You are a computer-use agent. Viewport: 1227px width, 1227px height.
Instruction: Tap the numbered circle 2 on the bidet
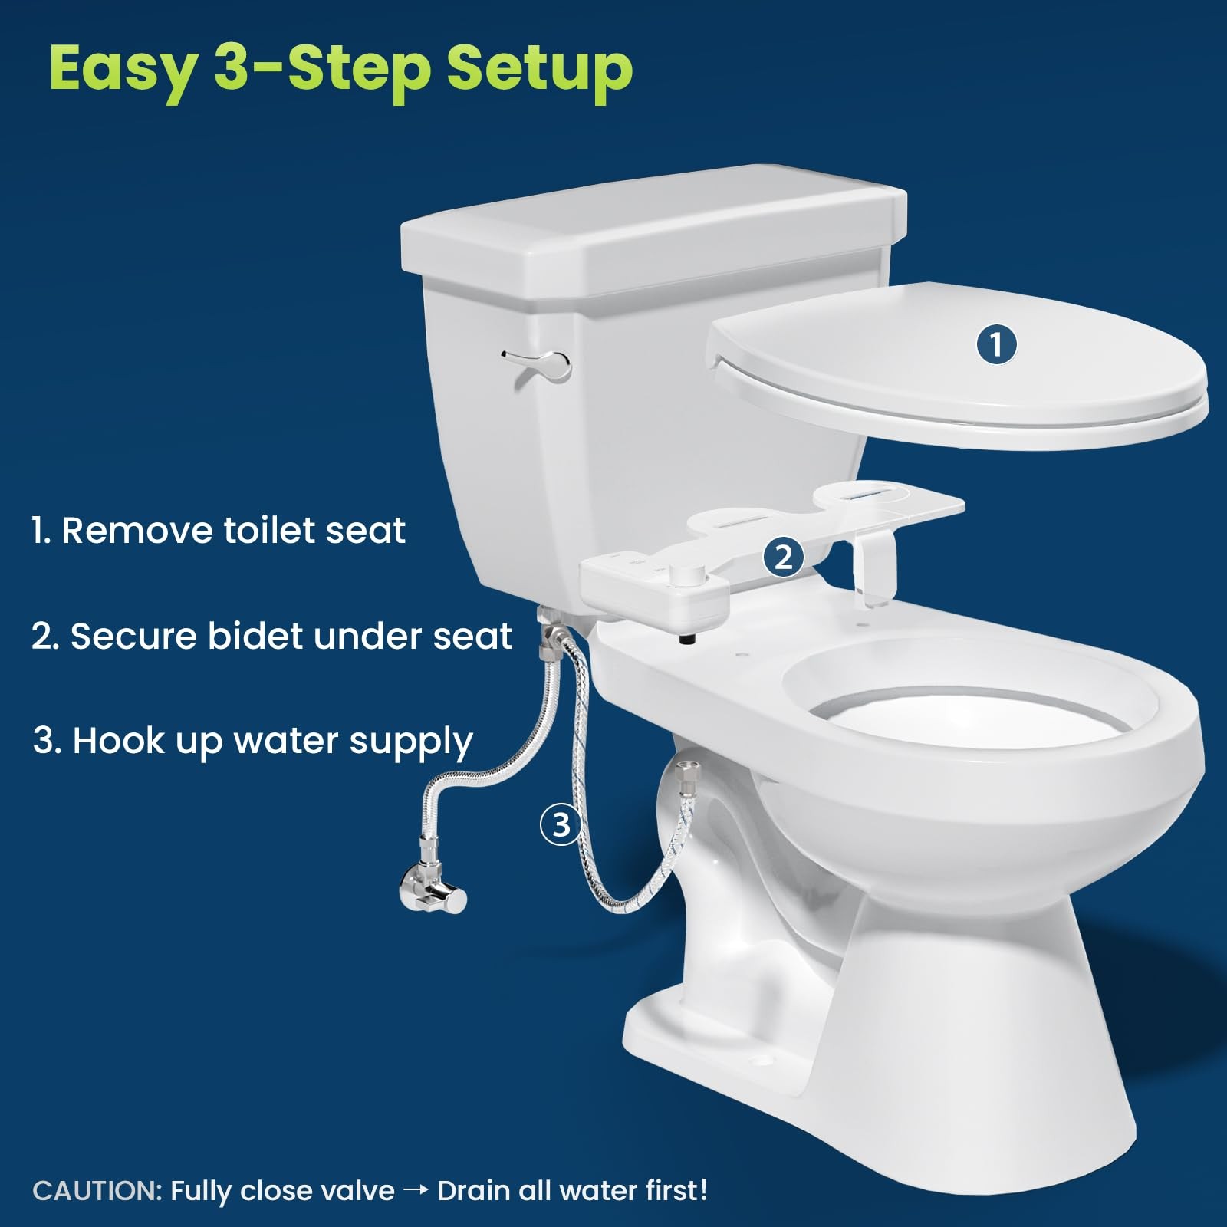click(x=783, y=557)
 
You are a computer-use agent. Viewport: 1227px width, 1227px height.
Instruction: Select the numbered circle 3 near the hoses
click(x=561, y=824)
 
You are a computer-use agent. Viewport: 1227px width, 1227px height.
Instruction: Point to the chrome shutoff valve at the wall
click(x=434, y=890)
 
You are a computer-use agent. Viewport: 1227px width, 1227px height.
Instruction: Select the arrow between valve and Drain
click(x=416, y=1190)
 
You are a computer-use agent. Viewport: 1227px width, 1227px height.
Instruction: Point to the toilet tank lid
click(x=652, y=230)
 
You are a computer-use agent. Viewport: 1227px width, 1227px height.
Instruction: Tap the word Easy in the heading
click(x=123, y=69)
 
